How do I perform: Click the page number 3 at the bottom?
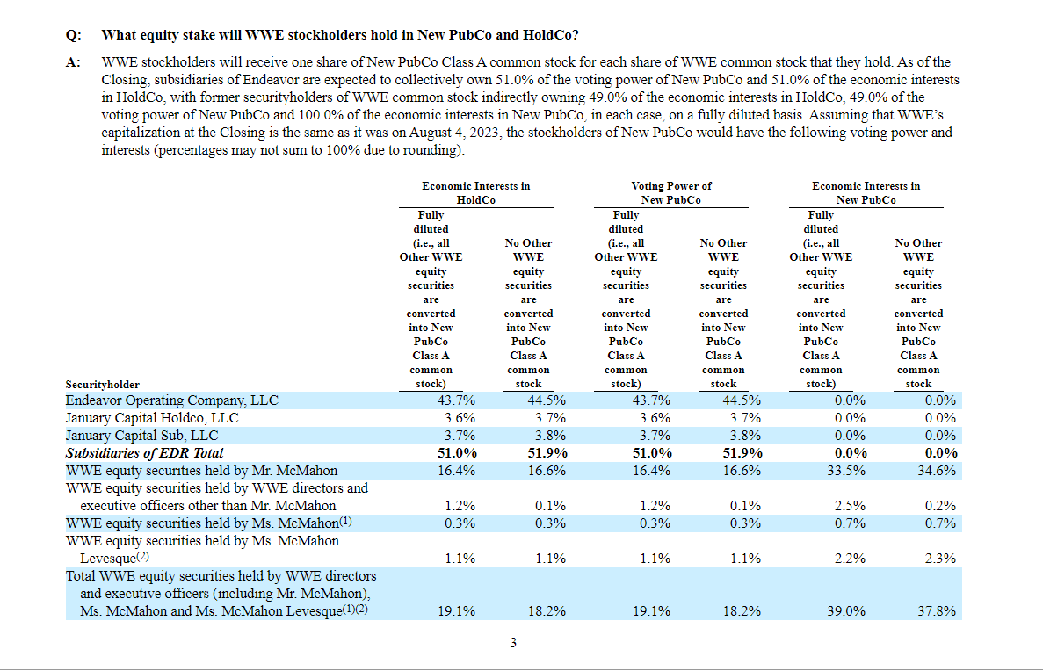click(x=513, y=642)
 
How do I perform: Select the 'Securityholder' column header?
click(x=103, y=385)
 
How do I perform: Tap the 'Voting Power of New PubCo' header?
click(x=670, y=193)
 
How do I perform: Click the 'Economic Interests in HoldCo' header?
click(x=475, y=193)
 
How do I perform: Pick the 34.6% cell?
click(x=937, y=470)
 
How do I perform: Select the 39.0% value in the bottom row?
click(x=846, y=610)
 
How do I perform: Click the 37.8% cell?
click(x=937, y=610)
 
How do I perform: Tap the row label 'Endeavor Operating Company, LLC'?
click(x=171, y=400)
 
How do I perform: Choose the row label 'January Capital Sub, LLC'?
click(x=141, y=436)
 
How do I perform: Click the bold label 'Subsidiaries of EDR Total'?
click(x=144, y=453)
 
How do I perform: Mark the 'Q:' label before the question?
click(x=73, y=35)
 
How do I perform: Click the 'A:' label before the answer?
click(x=73, y=62)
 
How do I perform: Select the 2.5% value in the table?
click(x=850, y=505)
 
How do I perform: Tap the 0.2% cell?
click(x=940, y=505)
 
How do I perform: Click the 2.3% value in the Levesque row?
click(x=940, y=558)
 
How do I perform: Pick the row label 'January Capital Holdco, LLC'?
click(x=152, y=418)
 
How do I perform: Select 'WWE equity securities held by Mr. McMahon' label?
click(x=201, y=470)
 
